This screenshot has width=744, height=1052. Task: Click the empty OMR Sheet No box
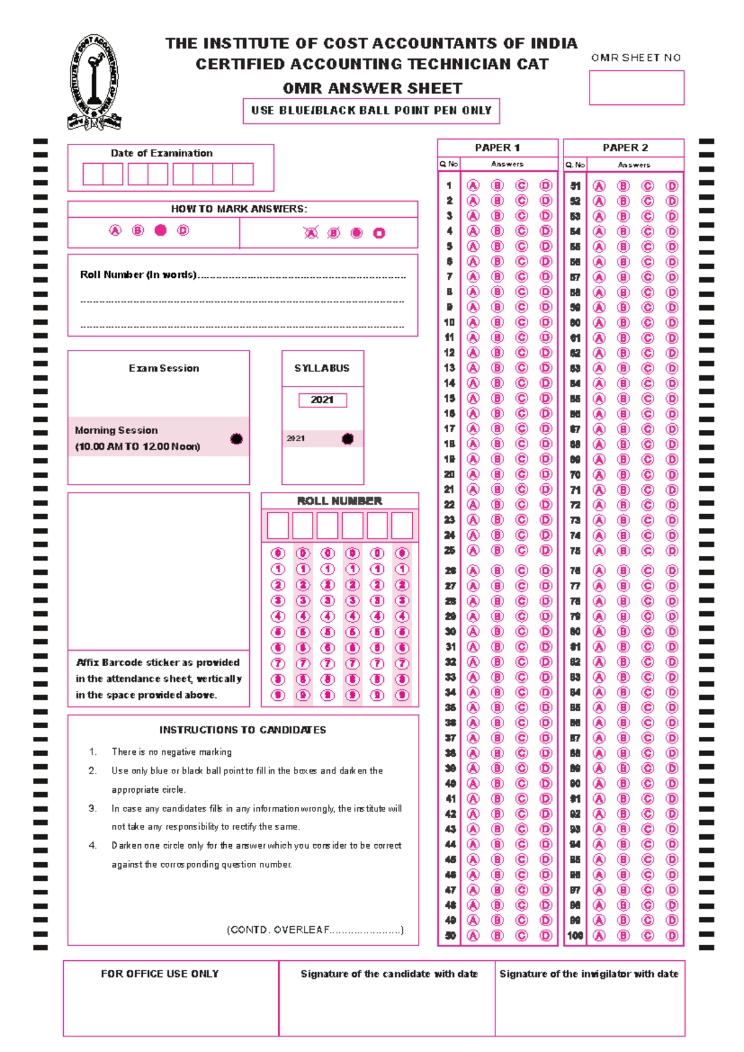[636, 87]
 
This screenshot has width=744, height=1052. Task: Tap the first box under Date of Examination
[93, 174]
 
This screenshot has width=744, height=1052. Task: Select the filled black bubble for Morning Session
[236, 439]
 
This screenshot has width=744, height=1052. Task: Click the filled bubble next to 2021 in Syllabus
[348, 439]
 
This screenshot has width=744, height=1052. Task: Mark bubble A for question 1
[473, 185]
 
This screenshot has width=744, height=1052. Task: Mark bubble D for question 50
[546, 935]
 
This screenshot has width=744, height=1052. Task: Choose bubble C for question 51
[647, 186]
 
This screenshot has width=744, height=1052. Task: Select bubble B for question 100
[623, 935]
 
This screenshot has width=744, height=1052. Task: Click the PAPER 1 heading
[497, 148]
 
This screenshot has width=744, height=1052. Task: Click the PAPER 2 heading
[625, 148]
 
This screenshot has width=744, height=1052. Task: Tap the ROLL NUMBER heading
[339, 501]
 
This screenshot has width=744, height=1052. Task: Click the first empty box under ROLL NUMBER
[278, 526]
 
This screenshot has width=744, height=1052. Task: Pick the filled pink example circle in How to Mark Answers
[161, 230]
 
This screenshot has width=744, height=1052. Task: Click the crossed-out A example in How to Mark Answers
[311, 233]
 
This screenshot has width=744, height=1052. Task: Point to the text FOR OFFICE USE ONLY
[160, 974]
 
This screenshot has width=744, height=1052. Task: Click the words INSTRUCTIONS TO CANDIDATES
[242, 730]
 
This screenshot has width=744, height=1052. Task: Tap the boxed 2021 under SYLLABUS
[322, 400]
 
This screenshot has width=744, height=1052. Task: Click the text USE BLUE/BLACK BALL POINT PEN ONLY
[371, 110]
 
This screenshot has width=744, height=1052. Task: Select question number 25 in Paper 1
[449, 550]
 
